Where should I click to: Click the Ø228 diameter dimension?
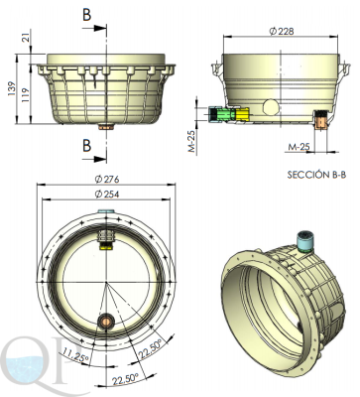(282, 32)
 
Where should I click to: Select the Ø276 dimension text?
(106, 179)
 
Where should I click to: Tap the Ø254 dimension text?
(106, 194)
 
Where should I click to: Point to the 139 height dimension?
(12, 88)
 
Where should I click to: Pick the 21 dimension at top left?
(26, 36)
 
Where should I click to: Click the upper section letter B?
(87, 15)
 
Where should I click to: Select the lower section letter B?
(87, 145)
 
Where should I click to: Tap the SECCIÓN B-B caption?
(316, 175)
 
